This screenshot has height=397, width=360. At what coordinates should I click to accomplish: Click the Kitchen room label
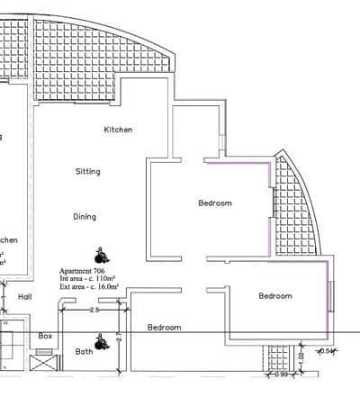[x=118, y=130]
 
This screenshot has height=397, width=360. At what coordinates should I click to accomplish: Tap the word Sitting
[x=87, y=171]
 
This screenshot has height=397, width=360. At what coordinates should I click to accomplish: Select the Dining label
[x=85, y=216]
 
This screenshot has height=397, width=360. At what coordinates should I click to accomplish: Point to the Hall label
[x=24, y=295]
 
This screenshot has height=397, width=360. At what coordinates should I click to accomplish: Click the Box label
[x=45, y=336]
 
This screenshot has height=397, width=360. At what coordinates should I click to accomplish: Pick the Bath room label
[x=84, y=352]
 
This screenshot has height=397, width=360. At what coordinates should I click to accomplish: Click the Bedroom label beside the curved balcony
[x=214, y=203]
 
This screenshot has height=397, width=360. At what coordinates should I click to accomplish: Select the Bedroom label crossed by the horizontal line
[x=164, y=328]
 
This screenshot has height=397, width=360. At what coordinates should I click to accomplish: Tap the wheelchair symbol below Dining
[x=99, y=256]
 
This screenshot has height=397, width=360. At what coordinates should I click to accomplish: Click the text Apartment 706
[x=83, y=271]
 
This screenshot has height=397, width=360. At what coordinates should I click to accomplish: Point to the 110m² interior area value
[x=106, y=279]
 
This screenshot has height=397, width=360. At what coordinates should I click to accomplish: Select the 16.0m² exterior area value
[x=105, y=287]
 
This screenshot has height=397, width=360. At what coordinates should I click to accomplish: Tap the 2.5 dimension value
[x=94, y=310]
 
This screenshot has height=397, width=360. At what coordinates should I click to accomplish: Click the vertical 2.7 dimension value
[x=119, y=340]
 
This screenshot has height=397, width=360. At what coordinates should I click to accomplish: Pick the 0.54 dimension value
[x=329, y=351]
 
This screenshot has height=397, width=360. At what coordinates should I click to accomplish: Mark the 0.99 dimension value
[x=282, y=374]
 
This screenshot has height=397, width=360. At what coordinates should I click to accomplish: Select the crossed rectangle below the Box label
[x=42, y=365]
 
